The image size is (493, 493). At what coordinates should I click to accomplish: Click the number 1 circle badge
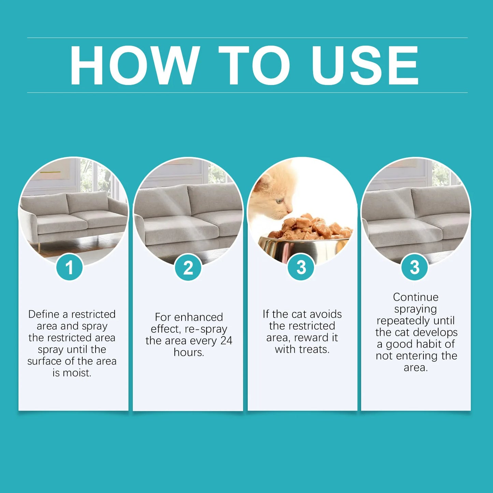[x=69, y=267]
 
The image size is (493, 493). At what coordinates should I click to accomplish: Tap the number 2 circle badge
[x=188, y=267]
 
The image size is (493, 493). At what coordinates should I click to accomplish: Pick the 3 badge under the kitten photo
[x=301, y=267]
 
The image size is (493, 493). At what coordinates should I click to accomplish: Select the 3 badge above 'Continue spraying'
[x=414, y=267]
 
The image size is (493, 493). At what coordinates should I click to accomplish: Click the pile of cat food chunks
[x=310, y=227]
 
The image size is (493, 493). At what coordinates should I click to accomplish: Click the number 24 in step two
[x=226, y=340]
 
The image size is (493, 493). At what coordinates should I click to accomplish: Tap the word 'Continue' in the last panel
[x=416, y=297]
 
